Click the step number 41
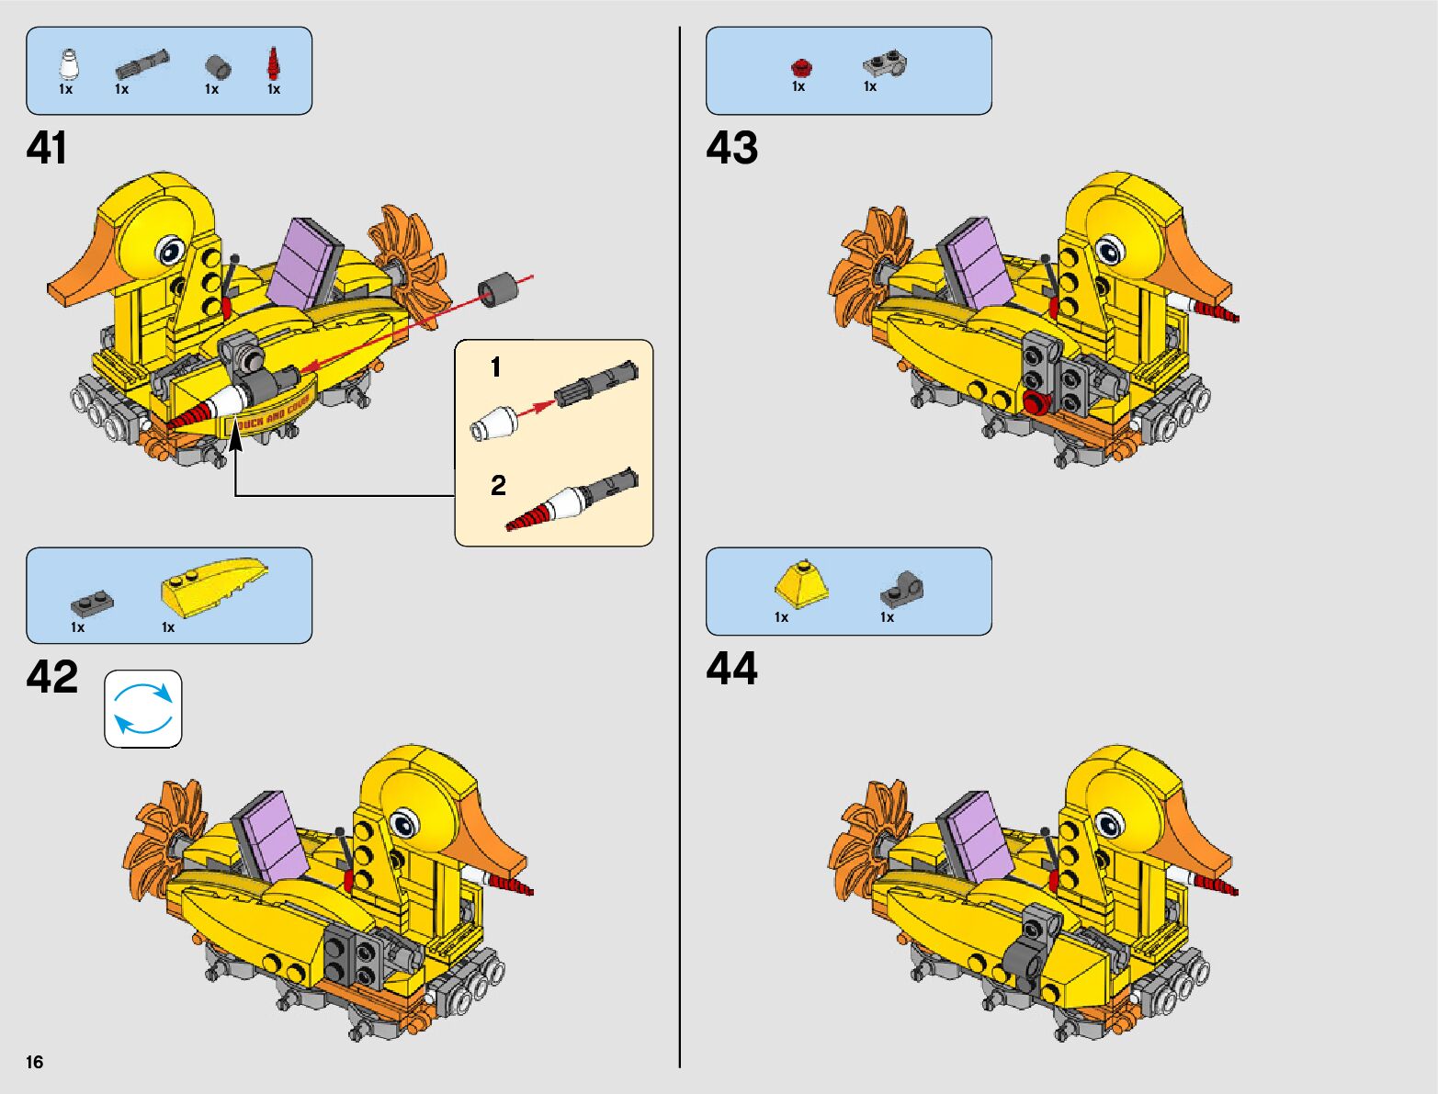[x=47, y=149]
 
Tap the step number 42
[x=52, y=678]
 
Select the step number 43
[x=732, y=149]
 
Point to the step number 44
[x=732, y=669]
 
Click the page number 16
[x=35, y=1063]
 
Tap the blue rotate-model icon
[x=143, y=708]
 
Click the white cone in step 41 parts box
[x=67, y=65]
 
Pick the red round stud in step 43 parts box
[x=801, y=66]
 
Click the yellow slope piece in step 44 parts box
[x=801, y=584]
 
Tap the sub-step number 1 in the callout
[x=496, y=368]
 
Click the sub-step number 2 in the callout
[x=498, y=485]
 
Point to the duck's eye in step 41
[x=170, y=250]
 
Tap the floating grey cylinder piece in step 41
[x=496, y=289]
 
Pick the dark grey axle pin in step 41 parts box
[x=142, y=63]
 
